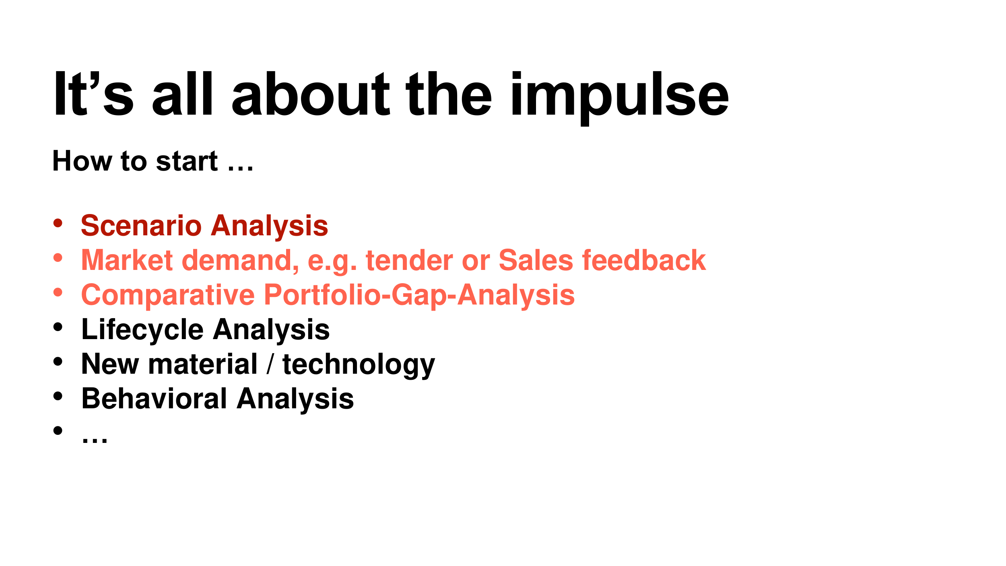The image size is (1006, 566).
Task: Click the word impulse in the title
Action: click(620, 98)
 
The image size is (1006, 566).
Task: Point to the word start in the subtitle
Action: click(187, 161)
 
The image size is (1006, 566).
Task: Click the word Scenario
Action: click(141, 226)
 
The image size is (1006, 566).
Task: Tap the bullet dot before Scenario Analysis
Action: click(58, 223)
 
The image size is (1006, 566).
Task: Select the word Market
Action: click(127, 260)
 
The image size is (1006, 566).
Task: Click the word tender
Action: click(409, 260)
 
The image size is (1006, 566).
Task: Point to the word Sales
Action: click(536, 260)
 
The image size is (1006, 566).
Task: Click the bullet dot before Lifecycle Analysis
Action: click(58, 327)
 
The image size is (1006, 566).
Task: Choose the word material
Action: click(203, 364)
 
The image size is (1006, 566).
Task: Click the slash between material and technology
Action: click(270, 364)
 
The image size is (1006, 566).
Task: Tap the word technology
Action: click(359, 365)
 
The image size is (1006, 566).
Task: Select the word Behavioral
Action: click(155, 399)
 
